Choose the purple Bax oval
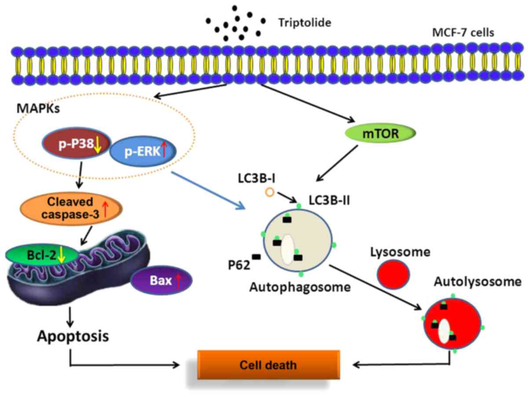pyautogui.click(x=161, y=280)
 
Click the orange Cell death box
pyautogui.click(x=268, y=365)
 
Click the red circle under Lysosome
pyautogui.click(x=393, y=274)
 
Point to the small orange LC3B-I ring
pyautogui.click(x=269, y=192)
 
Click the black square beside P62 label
pyautogui.click(x=256, y=257)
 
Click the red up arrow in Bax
pyautogui.click(x=178, y=281)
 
